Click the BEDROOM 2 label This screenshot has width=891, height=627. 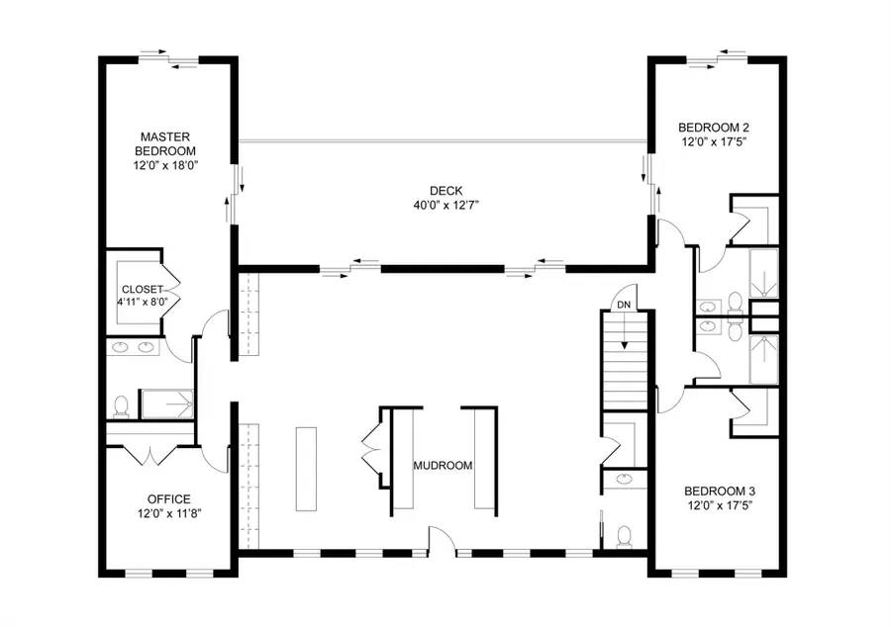click(713, 127)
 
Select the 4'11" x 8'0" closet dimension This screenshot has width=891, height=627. click(142, 305)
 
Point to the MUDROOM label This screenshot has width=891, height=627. click(442, 465)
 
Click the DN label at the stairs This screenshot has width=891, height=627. click(624, 305)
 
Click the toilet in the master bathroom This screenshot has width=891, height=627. click(122, 405)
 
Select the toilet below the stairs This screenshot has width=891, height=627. click(624, 535)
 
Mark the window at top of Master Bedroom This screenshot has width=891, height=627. click(166, 58)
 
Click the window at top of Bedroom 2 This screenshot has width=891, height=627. click(717, 58)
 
